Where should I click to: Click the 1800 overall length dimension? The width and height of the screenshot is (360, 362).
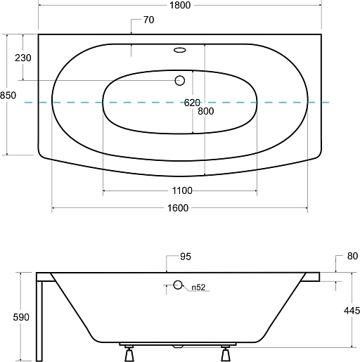[180, 5]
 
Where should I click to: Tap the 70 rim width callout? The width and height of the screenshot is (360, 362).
[149, 20]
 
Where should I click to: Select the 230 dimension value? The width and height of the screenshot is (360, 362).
[23, 58]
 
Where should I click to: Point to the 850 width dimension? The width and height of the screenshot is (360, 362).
[8, 96]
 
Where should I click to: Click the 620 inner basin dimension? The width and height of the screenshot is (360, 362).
[192, 103]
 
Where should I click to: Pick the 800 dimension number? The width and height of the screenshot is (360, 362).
[206, 111]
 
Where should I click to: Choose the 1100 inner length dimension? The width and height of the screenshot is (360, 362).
[182, 190]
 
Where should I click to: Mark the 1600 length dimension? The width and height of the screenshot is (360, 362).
[178, 208]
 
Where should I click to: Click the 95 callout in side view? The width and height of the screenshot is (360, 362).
[186, 257]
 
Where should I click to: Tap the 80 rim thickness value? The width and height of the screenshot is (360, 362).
[352, 256]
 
